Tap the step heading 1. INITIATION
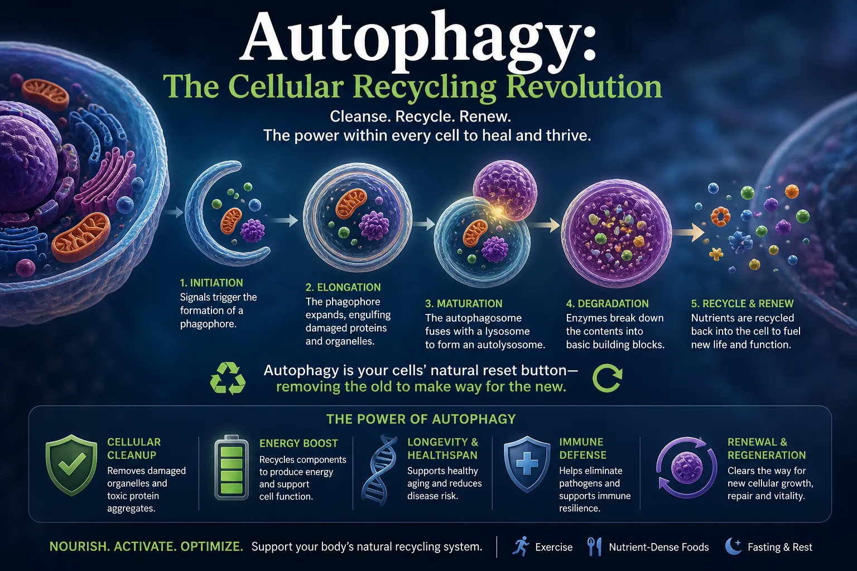pos(211,283)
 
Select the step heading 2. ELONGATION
pos(343,287)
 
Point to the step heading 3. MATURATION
pos(464,304)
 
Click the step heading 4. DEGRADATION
pos(608,304)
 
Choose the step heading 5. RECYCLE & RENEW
pos(742,304)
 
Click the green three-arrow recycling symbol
pos(228,378)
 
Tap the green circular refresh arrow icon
pos(607,378)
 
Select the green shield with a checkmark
pos(71,465)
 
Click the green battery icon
pos(232,467)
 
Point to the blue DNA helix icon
pos(379,470)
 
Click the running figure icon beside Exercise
pos(521,546)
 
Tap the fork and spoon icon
pos(594,546)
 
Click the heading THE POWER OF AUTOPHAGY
pos(421,419)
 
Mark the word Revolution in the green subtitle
pos(584,87)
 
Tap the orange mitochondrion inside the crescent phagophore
pos(231,221)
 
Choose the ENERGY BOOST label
pos(298,443)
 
